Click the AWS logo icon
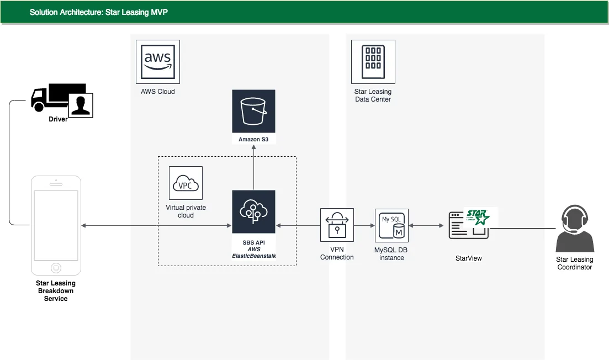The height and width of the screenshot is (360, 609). point(157,61)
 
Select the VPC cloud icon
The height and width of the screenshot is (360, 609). point(186,183)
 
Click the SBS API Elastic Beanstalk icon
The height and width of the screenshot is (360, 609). point(253,212)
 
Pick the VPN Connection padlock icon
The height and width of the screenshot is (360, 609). point(337,225)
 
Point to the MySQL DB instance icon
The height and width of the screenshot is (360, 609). point(391,225)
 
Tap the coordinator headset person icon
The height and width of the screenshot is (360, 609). point(574,229)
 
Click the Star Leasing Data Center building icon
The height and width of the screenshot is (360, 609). point(373,61)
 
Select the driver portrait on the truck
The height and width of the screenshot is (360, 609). point(81,105)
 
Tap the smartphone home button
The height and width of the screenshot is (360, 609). point(55,268)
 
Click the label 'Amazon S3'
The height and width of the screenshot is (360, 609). point(253,140)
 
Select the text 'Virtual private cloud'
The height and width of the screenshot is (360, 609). point(186,211)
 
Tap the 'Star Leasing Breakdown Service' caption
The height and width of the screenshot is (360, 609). point(56,291)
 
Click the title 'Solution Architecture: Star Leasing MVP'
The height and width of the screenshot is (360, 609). point(99,12)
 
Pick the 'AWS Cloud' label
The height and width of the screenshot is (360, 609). point(157,92)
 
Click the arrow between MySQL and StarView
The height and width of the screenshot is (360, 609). point(426,225)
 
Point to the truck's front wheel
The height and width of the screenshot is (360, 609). point(38,107)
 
